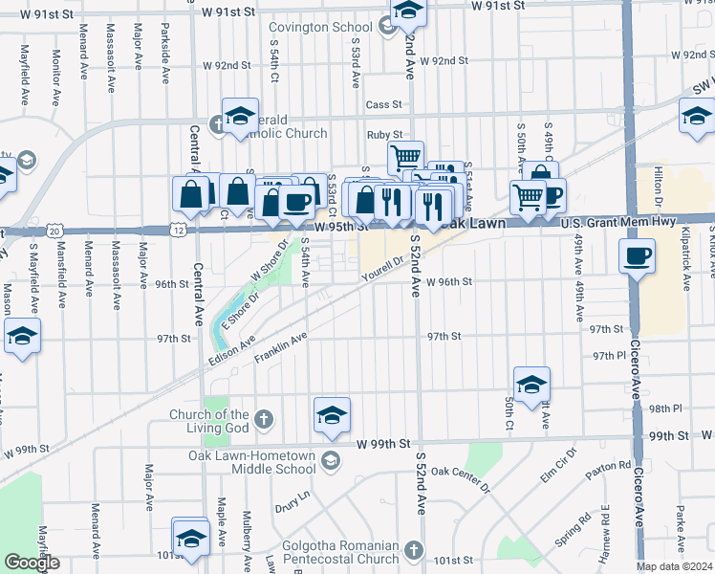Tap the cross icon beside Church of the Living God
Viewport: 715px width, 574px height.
click(262, 420)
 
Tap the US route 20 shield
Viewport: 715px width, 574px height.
click(55, 231)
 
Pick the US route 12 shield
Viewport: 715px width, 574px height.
click(180, 231)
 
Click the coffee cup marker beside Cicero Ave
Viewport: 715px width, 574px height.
click(637, 256)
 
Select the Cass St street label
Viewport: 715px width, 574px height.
click(382, 104)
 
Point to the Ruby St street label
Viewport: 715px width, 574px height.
click(382, 136)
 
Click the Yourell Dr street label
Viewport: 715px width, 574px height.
click(383, 269)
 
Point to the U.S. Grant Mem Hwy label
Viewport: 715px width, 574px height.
click(618, 222)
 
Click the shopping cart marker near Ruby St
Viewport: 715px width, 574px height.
click(405, 155)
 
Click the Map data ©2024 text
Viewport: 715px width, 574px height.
click(675, 566)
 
